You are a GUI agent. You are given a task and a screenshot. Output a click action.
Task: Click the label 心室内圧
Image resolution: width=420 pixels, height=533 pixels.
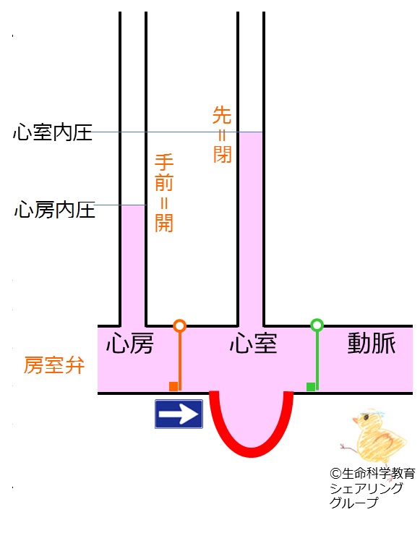point(53,132)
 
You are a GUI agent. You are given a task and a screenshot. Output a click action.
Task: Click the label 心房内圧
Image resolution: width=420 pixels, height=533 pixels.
point(54,209)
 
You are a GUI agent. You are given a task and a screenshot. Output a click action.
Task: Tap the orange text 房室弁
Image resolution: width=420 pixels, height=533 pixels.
point(54,365)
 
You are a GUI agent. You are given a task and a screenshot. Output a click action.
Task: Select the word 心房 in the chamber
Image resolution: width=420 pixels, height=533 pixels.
point(130,344)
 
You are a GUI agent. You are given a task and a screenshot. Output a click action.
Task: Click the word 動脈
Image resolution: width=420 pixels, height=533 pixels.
point(372,344)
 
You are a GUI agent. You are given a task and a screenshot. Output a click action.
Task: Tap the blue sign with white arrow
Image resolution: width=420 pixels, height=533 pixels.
point(179,414)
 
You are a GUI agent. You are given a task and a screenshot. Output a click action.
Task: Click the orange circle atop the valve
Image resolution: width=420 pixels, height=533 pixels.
point(180,325)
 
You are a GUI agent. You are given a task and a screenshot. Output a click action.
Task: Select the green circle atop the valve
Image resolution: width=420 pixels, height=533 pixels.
point(317,325)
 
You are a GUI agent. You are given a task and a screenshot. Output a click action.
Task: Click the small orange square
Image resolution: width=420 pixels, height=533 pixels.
point(173,386)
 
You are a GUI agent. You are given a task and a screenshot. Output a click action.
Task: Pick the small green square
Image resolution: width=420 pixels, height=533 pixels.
point(311,387)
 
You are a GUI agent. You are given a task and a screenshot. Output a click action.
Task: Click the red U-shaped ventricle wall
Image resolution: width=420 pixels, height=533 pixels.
point(251,453)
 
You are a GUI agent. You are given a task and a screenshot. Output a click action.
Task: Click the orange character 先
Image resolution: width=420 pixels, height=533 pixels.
point(222,115)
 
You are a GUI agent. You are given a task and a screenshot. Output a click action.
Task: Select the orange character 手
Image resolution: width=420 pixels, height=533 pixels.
point(164,162)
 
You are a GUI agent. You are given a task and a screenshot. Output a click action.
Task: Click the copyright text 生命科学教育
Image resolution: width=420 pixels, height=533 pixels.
point(378,473)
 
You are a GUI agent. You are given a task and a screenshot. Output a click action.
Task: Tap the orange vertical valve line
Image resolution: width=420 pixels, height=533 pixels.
point(180,361)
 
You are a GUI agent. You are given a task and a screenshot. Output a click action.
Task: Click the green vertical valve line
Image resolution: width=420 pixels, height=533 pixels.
point(317,361)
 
